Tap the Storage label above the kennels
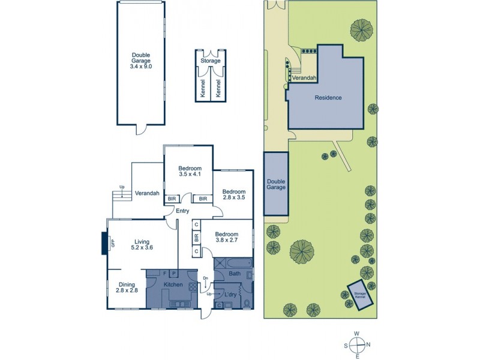[x=211, y=61]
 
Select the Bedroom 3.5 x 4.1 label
[x=190, y=172]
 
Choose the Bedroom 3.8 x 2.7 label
[x=227, y=238]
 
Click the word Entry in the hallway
[x=182, y=211]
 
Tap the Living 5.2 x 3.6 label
[x=142, y=244]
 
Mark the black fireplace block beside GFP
[x=106, y=244]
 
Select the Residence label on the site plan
[x=328, y=97]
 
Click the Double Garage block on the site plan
[x=276, y=183]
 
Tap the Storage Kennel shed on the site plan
[x=361, y=295]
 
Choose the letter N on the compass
[x=368, y=345]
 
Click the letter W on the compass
[x=356, y=334]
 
